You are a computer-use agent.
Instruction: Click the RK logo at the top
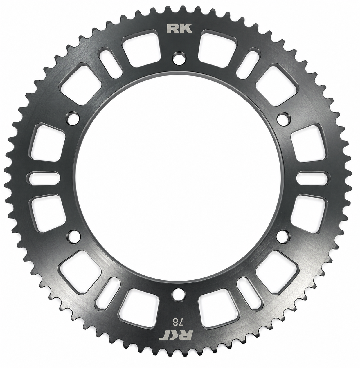pos(179,28)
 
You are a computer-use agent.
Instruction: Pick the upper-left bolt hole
pos(73,119)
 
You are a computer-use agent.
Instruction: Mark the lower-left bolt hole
pos(74,237)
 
